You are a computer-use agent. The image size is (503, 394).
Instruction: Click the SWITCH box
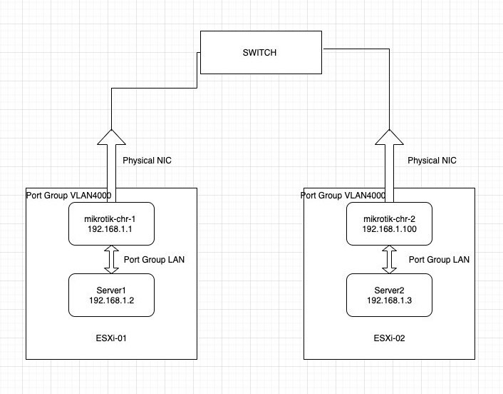pyautogui.click(x=261, y=52)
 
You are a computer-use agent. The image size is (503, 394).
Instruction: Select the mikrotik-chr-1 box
pyautogui.click(x=111, y=223)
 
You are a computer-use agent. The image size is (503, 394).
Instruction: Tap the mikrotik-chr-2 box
pyautogui.click(x=389, y=223)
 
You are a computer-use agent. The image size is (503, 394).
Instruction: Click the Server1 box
pyautogui.click(x=111, y=295)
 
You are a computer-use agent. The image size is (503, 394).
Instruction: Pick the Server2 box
pyautogui.click(x=389, y=295)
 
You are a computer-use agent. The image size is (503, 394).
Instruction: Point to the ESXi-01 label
pyautogui.click(x=111, y=338)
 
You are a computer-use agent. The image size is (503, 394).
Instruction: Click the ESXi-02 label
pyautogui.click(x=389, y=338)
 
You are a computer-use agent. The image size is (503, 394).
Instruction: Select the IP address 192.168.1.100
pyautogui.click(x=390, y=229)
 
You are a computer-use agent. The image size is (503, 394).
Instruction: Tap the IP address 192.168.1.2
pyautogui.click(x=111, y=300)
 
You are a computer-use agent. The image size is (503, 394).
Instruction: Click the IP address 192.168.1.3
pyautogui.click(x=389, y=300)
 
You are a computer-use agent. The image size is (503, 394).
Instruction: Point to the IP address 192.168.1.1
pyautogui.click(x=110, y=229)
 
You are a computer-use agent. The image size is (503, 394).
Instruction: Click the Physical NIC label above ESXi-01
pyautogui.click(x=147, y=161)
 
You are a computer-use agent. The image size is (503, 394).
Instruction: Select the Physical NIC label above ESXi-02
pyautogui.click(x=432, y=161)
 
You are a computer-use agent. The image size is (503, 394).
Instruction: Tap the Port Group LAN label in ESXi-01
pyautogui.click(x=154, y=260)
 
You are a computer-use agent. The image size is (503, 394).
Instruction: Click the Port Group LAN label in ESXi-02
pyautogui.click(x=439, y=260)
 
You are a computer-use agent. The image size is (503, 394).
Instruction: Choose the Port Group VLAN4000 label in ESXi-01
pyautogui.click(x=68, y=196)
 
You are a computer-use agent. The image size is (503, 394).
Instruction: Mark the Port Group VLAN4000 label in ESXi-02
pyautogui.click(x=343, y=196)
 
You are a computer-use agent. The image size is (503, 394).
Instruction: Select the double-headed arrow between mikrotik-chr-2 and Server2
pyautogui.click(x=389, y=259)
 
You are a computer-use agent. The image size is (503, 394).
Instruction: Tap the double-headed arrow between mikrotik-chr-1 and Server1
pyautogui.click(x=111, y=259)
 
